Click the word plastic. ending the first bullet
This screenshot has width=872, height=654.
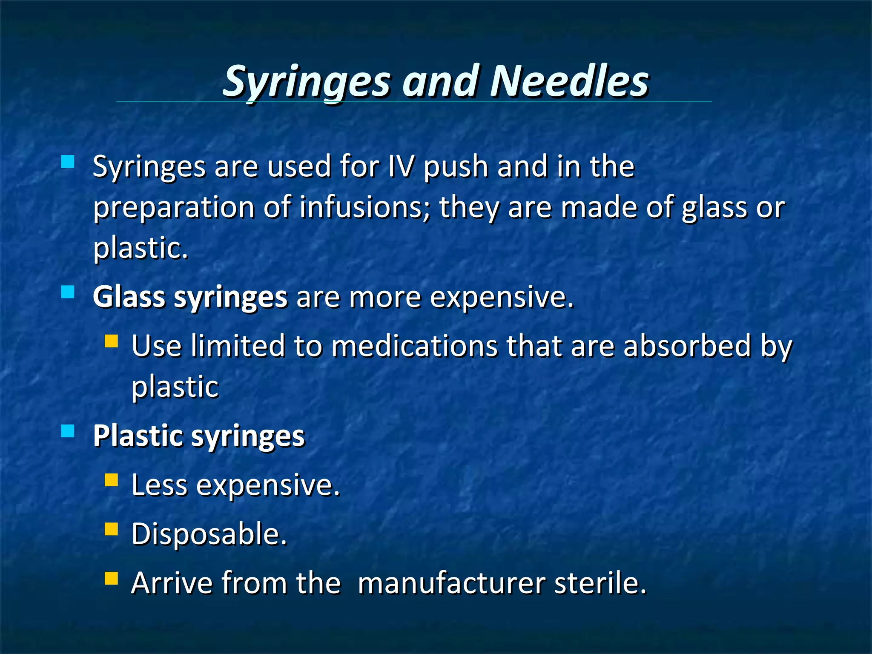pos(141,248)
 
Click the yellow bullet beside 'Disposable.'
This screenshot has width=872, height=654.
pos(111,529)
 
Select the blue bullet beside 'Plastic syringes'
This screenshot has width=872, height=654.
pos(68,431)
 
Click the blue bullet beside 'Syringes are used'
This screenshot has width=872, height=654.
pos(68,162)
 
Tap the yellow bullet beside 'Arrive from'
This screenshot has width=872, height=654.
pos(111,578)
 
